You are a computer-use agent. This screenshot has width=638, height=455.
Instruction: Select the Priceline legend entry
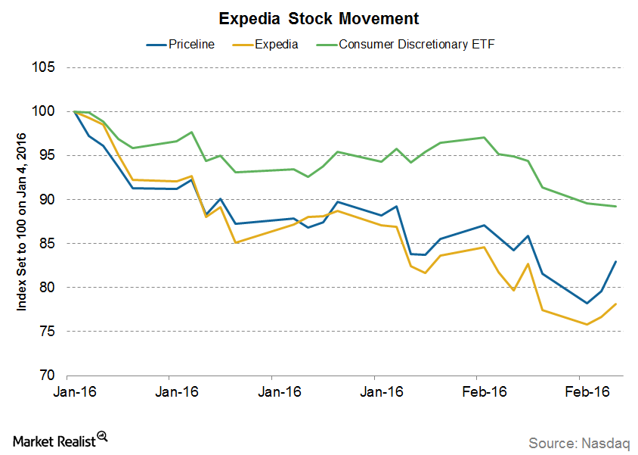click(x=181, y=44)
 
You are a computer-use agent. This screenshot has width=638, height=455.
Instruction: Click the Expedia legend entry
click(x=265, y=44)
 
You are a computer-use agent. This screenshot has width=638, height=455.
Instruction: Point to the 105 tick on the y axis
click(x=45, y=67)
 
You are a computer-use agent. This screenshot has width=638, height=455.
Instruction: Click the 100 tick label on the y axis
click(x=45, y=111)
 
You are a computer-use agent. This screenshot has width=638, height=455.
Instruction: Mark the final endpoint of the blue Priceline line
click(x=616, y=262)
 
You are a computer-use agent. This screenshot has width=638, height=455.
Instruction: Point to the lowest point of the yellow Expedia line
click(x=587, y=324)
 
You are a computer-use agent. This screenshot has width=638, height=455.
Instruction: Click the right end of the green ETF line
click(x=616, y=206)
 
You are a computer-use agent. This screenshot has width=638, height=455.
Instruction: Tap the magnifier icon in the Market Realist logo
click(x=103, y=437)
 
